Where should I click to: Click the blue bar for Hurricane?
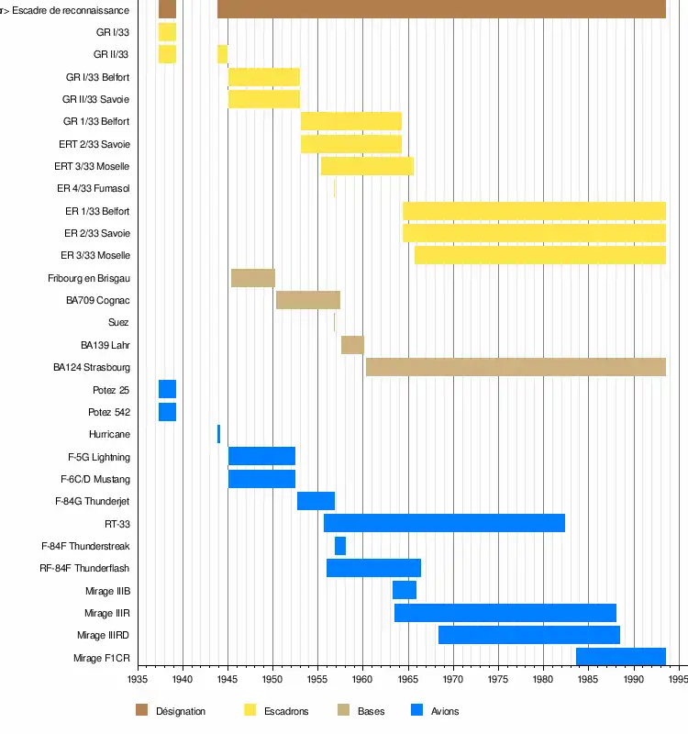218,434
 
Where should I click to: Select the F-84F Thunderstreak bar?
340,546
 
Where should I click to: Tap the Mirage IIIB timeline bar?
405,590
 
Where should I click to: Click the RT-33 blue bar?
444,523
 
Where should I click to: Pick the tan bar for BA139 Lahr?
352,345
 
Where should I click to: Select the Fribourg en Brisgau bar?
253,278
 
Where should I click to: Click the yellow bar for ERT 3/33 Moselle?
367,166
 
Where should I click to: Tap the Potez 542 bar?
167,412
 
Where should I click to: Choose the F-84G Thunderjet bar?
316,501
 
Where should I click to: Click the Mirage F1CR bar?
620,657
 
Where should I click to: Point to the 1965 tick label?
407,680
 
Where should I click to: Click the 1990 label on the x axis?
633,680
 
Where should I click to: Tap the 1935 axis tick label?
137,680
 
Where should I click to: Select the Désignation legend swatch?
141,710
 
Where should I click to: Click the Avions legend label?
445,711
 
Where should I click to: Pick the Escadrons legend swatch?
250,710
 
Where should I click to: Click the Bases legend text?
371,711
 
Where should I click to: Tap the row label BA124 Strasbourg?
91,367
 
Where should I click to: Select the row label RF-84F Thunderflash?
85,568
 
